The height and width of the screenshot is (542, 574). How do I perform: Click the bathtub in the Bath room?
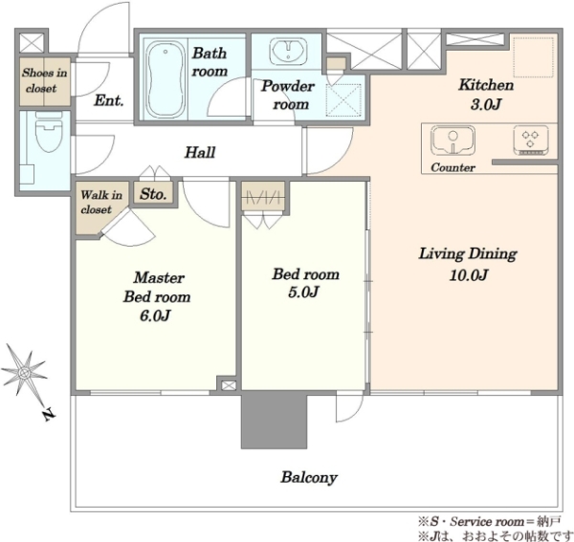click(166, 79)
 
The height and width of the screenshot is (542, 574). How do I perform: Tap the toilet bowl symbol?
click(49, 132)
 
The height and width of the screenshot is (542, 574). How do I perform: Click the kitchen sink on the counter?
click(453, 141)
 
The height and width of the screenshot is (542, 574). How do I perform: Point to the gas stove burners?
click(530, 141)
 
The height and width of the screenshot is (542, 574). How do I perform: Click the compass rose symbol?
click(25, 373)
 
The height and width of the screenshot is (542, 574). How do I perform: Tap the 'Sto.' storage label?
click(153, 194)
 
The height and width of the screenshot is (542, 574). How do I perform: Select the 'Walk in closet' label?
click(101, 202)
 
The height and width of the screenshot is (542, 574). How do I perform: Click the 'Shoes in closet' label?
click(45, 80)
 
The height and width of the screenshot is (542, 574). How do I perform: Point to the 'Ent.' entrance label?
click(109, 100)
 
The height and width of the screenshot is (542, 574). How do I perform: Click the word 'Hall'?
click(200, 152)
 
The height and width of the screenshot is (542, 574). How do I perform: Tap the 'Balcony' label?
click(309, 477)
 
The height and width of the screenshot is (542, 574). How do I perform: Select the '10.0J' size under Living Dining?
click(469, 275)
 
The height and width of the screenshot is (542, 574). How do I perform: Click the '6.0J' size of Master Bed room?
click(155, 315)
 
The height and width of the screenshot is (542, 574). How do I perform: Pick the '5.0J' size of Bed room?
click(303, 293)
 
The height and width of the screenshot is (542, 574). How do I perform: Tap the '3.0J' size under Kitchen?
click(486, 104)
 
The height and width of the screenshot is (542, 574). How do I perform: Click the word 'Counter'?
click(453, 167)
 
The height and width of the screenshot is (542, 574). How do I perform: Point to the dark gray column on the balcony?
click(274, 421)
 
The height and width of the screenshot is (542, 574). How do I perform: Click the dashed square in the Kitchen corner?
click(533, 57)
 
